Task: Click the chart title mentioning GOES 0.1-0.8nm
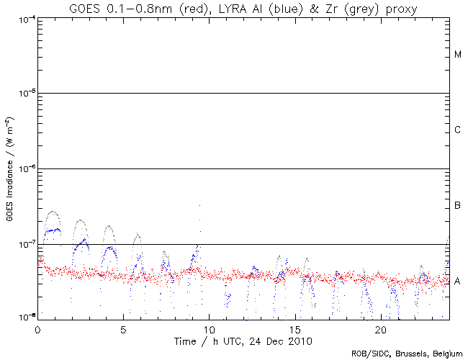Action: point(243,8)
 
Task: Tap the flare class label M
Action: point(458,55)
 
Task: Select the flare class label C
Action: point(458,130)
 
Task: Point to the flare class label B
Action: point(458,207)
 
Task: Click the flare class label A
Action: point(458,282)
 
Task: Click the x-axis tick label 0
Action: point(37,328)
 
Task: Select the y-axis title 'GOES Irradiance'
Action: point(9,167)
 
